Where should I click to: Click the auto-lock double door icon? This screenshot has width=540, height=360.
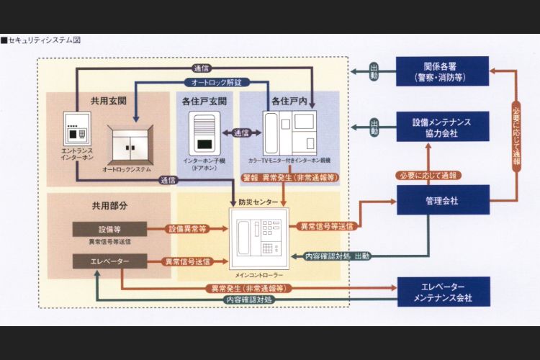(x=130, y=143)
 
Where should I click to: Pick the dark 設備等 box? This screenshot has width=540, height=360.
(x=110, y=229)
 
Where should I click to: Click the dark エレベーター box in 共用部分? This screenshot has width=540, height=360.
(x=110, y=261)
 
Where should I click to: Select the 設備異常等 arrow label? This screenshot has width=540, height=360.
(x=187, y=229)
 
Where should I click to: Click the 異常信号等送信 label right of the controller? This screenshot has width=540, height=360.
(x=326, y=226)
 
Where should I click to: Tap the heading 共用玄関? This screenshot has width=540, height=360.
(x=109, y=102)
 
